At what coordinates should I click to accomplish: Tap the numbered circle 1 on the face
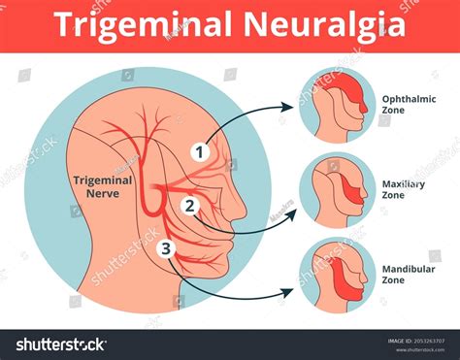click(x=200, y=151)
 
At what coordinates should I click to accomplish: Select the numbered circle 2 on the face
click(x=190, y=205)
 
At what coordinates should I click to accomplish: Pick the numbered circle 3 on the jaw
click(x=166, y=248)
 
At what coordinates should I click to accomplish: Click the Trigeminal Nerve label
click(x=102, y=186)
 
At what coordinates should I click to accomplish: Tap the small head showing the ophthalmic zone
click(x=337, y=104)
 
